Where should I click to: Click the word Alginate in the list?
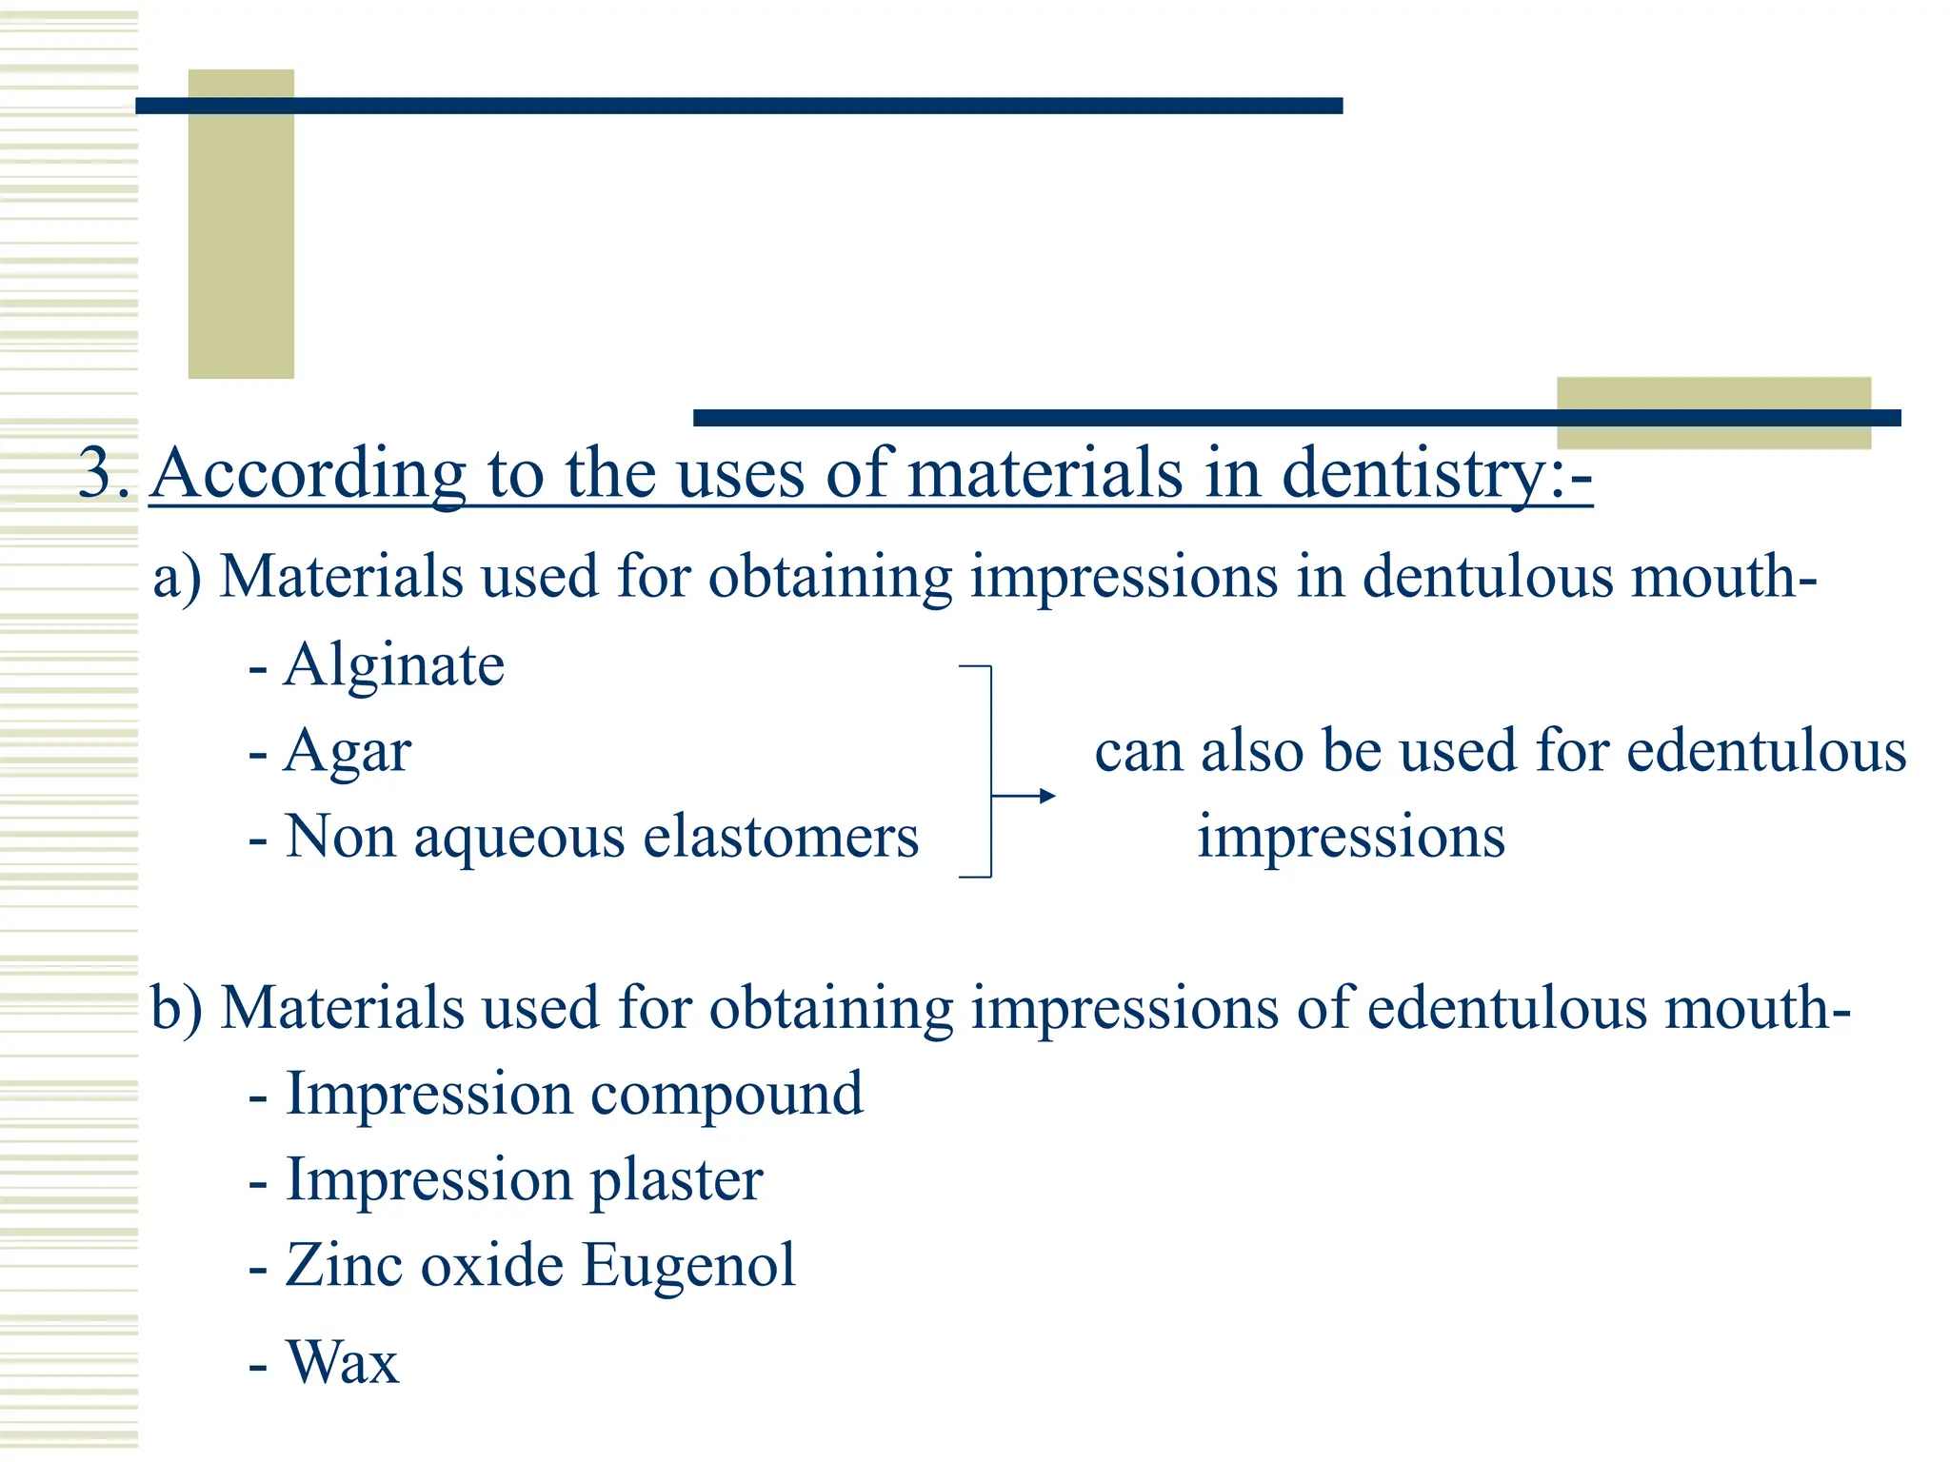pyautogui.click(x=394, y=665)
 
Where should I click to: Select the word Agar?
pyautogui.click(x=348, y=753)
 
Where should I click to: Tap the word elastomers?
pyautogui.click(x=781, y=838)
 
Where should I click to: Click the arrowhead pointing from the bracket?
pyautogui.click(x=1047, y=796)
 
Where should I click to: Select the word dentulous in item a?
pyautogui.click(x=1487, y=578)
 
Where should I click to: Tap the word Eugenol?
pyautogui.click(x=688, y=1266)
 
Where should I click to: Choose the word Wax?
pyautogui.click(x=343, y=1363)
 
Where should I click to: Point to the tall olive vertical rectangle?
pyautogui.click(x=241, y=224)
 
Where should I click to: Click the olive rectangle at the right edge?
pyautogui.click(x=1713, y=413)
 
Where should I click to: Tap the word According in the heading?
pyautogui.click(x=308, y=474)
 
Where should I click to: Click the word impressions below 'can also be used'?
pyautogui.click(x=1351, y=838)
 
